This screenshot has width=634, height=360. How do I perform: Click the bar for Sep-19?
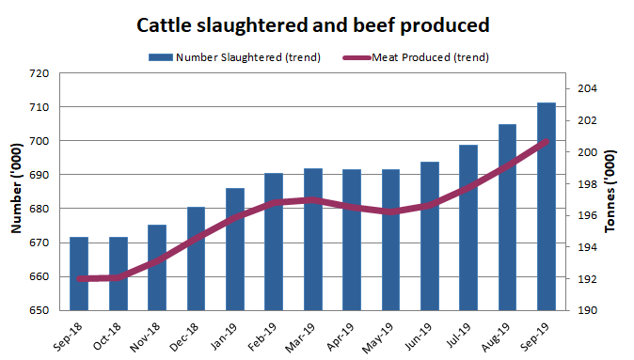[x=546, y=207]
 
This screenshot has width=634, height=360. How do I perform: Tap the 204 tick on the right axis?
[x=583, y=89]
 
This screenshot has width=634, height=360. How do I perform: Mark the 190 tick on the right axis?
[x=583, y=310]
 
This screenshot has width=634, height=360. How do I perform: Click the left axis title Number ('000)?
[x=16, y=192]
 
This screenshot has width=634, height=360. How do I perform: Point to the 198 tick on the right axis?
[x=583, y=184]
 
